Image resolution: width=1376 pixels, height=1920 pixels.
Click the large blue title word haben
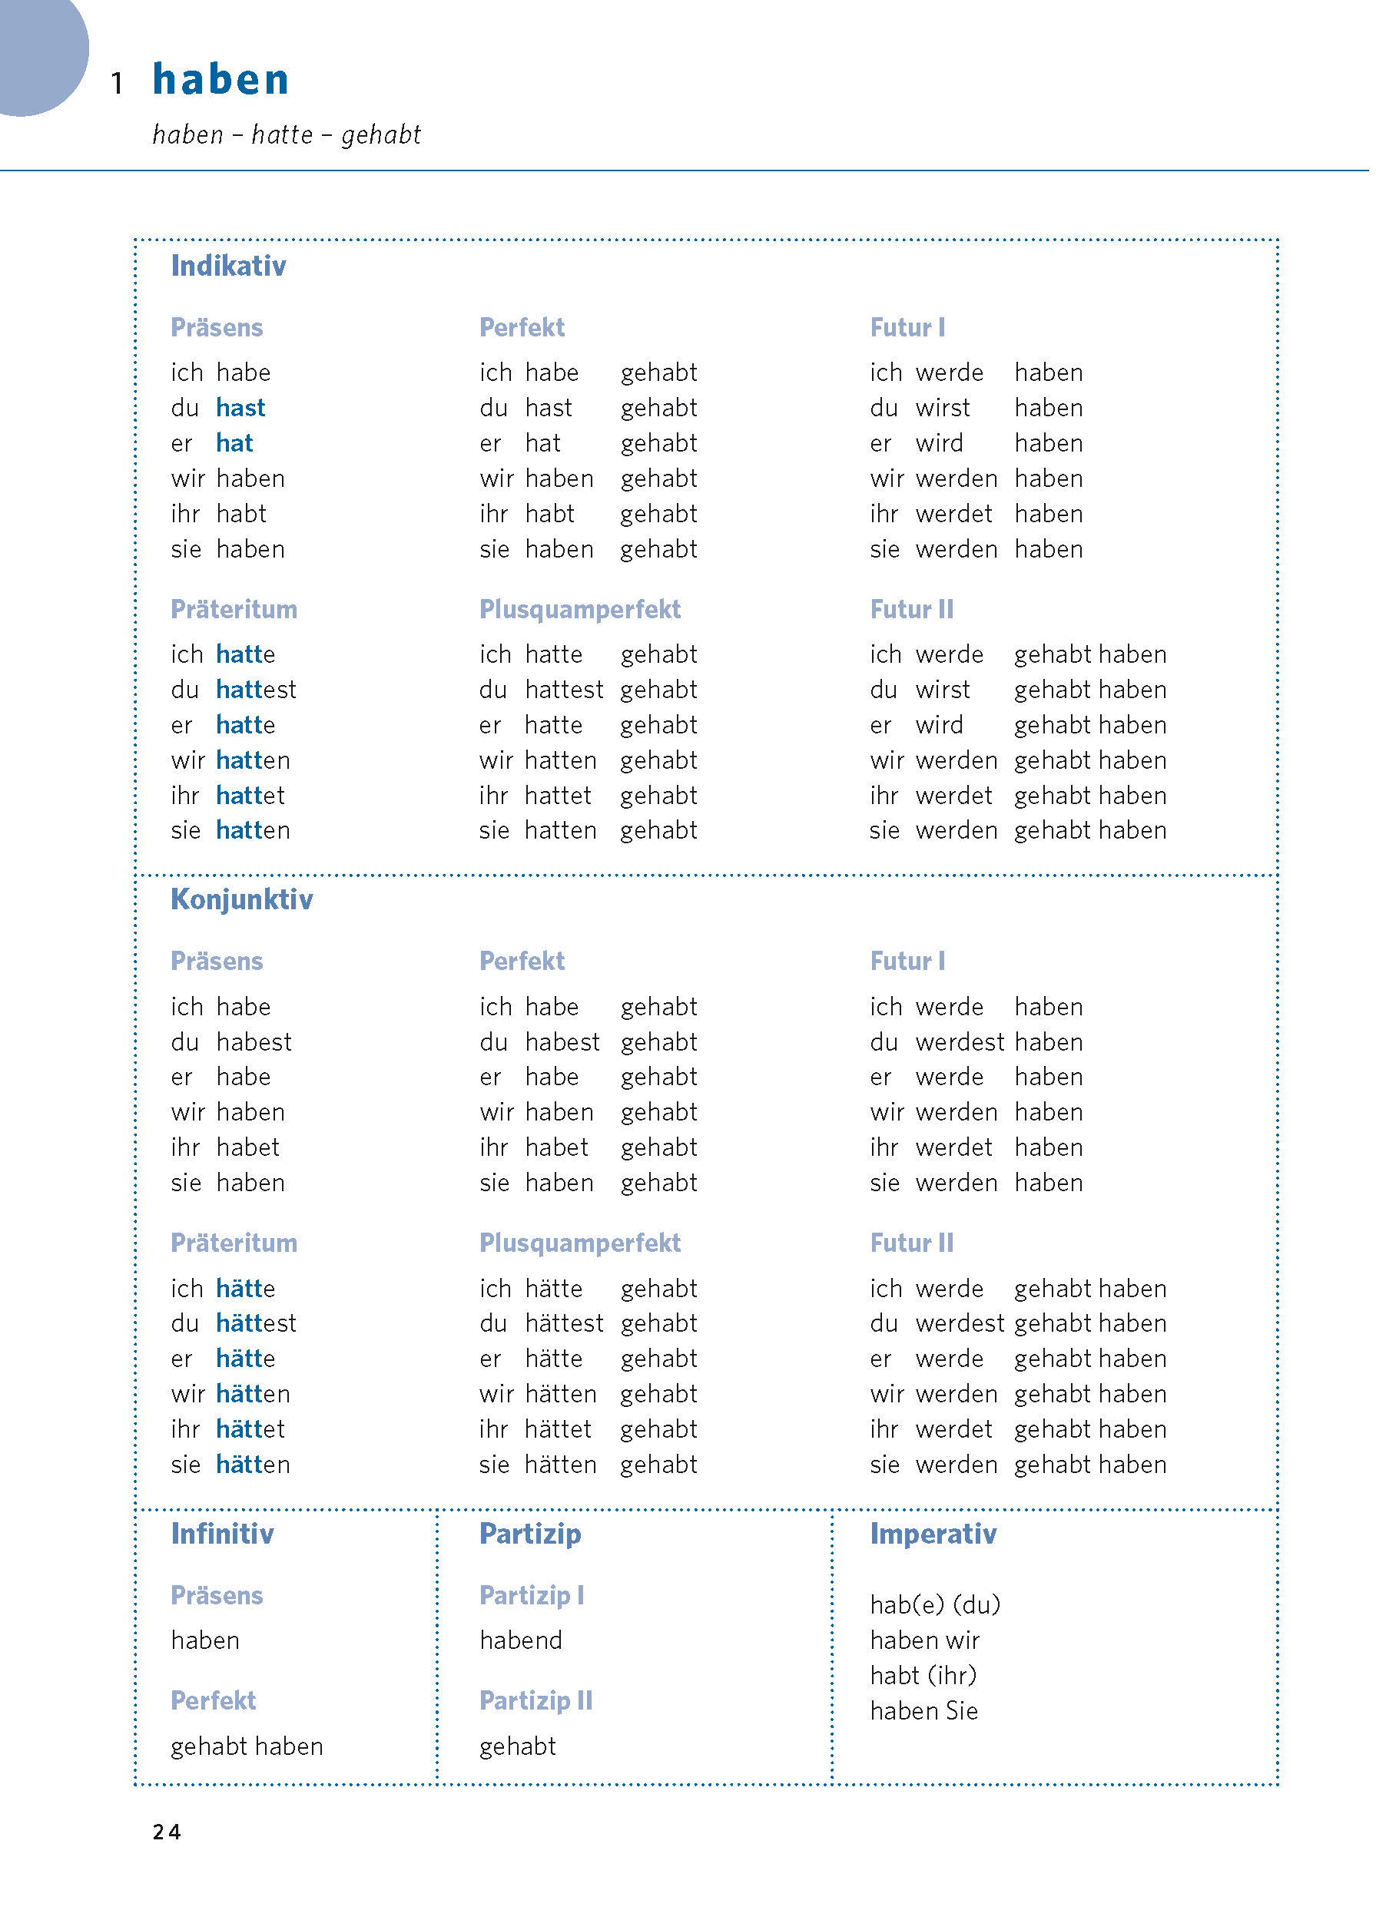(x=220, y=80)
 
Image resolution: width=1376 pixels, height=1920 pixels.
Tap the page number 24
(x=166, y=1832)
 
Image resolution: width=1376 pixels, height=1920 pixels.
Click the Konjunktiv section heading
(x=241, y=899)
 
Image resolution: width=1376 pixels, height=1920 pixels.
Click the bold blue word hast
(x=240, y=408)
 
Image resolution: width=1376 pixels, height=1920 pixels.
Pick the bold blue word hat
(x=234, y=444)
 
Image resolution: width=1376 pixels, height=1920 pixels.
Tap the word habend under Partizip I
(x=520, y=1640)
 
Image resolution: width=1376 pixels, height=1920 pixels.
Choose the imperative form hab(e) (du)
(x=934, y=1605)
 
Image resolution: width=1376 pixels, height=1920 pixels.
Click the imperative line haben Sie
(x=923, y=1711)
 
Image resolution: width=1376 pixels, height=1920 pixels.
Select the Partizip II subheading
(x=535, y=1701)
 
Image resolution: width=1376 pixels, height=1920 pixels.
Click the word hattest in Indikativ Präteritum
(x=256, y=690)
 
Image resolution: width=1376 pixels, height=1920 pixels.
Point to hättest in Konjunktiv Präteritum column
(x=256, y=1323)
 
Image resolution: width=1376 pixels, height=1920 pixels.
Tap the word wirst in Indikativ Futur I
(x=942, y=408)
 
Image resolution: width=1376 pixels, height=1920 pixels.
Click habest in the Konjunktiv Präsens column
(x=254, y=1042)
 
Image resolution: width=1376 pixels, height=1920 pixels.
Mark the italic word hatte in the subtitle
(x=282, y=134)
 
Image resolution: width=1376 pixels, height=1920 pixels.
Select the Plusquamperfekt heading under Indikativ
(x=579, y=610)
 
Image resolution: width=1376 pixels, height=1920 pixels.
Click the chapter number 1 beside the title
(x=118, y=83)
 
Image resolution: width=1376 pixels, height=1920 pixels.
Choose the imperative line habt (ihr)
(x=922, y=1675)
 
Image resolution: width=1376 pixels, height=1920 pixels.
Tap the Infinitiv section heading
(x=222, y=1534)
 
